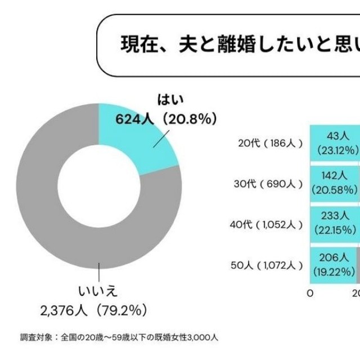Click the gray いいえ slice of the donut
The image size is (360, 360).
51,214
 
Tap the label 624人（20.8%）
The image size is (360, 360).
166,119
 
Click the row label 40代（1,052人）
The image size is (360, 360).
267,224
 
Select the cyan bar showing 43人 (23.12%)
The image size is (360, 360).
335,143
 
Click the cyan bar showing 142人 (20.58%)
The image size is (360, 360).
335,184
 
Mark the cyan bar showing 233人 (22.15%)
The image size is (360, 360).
335,224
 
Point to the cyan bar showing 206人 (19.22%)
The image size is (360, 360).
334,264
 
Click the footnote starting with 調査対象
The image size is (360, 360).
119,337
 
